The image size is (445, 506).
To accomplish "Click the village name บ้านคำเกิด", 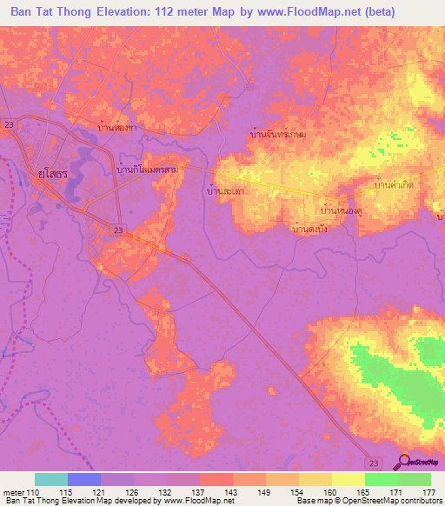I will pos(393,186).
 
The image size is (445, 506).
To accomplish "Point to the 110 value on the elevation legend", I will pos(33,493).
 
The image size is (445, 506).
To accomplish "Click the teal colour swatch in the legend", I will pos(51,479).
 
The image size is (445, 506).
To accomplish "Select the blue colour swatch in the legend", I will pos(84,479).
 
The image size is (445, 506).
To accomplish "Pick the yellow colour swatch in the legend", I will pos(349,479).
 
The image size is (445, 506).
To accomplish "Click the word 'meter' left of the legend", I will pos(14,493).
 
